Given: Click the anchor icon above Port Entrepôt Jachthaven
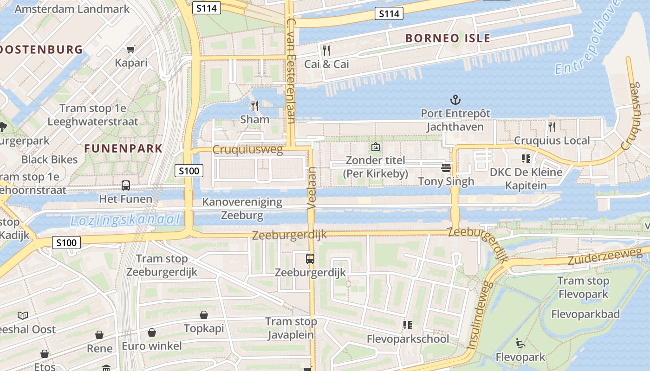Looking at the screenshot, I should (455, 100).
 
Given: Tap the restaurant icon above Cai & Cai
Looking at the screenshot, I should (326, 50).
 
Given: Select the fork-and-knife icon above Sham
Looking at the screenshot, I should (254, 106).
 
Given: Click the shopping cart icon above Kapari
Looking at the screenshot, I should (131, 49).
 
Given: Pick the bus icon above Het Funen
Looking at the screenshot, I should (126, 185).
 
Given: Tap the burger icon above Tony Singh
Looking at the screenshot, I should (446, 167).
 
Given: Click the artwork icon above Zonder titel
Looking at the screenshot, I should (375, 147).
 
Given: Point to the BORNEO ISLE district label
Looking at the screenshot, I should (448, 38).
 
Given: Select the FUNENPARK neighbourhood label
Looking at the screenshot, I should (123, 149).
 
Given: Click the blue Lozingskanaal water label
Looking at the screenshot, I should (125, 220).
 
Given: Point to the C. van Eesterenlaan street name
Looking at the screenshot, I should (291, 70).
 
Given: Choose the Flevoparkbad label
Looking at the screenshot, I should (585, 314).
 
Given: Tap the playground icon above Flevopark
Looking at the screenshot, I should (520, 344).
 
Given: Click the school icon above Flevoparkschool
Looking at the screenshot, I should (408, 325).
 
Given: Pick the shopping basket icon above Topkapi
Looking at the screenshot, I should (203, 315).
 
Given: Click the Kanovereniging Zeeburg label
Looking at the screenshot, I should (242, 209).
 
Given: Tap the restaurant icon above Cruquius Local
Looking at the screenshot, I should (552, 127).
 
